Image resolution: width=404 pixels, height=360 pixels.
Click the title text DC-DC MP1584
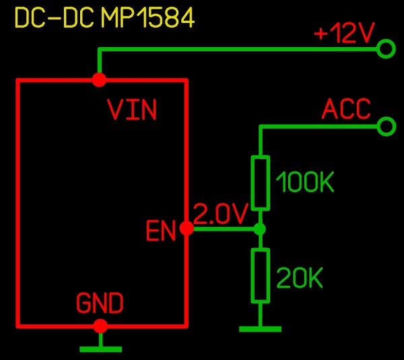pyautogui.click(x=104, y=18)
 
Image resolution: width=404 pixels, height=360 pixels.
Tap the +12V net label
pyautogui.click(x=343, y=33)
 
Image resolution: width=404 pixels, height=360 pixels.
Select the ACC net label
pyautogui.click(x=346, y=109)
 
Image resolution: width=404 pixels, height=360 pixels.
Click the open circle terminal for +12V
pyautogui.click(x=386, y=49)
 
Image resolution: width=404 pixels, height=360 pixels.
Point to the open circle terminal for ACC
pyautogui.click(x=386, y=126)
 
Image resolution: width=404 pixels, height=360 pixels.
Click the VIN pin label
pyautogui.click(x=132, y=110)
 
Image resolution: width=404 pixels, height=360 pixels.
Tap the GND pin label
pyautogui.click(x=100, y=303)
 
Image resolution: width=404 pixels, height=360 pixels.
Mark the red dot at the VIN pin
pyautogui.click(x=99, y=80)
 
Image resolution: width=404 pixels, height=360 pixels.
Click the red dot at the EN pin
pyautogui.click(x=187, y=229)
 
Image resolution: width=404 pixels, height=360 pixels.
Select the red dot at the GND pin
pyautogui.click(x=100, y=326)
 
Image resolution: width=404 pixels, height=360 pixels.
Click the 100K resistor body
pyautogui.click(x=260, y=183)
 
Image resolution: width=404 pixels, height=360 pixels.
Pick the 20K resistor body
pyautogui.click(x=260, y=275)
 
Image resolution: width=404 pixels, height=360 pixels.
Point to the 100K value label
pyautogui.click(x=305, y=183)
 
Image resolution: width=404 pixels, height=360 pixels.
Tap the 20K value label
pyautogui.click(x=300, y=278)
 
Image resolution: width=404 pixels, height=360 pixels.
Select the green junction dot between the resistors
pyautogui.click(x=260, y=229)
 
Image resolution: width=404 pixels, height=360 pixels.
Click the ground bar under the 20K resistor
pyautogui.click(x=260, y=329)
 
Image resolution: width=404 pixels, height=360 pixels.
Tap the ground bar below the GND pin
pyautogui.click(x=100, y=349)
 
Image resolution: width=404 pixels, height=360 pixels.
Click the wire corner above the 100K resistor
pyautogui.click(x=260, y=126)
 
